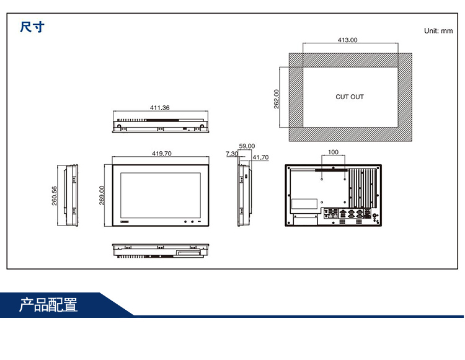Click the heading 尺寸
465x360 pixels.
tap(32, 27)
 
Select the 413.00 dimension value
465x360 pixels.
tap(347, 40)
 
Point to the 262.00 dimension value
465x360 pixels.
tap(277, 99)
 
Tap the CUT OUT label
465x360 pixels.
tap(350, 97)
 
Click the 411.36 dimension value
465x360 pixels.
tap(159, 108)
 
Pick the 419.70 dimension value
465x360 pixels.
tap(161, 153)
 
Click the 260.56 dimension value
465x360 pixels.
tap(54, 196)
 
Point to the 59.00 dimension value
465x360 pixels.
tap(247, 146)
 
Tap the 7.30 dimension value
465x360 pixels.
tap(231, 153)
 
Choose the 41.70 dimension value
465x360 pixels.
tap(260, 157)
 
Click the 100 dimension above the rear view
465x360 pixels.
tap(333, 152)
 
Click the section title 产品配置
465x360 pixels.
tap(48, 305)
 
